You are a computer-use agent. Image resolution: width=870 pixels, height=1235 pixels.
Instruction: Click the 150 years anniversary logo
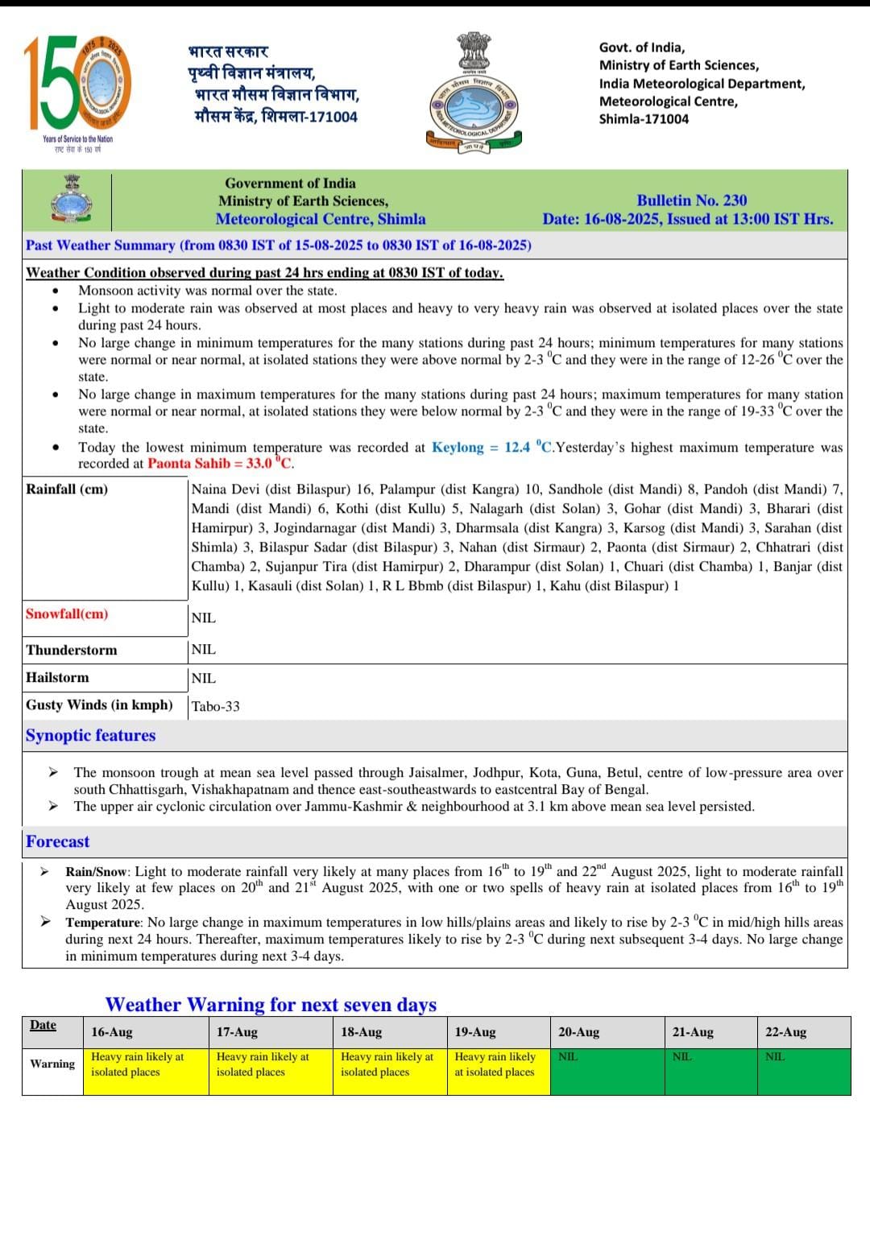77,85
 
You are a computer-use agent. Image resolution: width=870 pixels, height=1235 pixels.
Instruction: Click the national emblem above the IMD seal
474,51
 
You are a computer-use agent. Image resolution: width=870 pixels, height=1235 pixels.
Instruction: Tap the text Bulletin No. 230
691,200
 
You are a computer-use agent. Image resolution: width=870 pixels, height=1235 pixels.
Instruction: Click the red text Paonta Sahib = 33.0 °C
220,464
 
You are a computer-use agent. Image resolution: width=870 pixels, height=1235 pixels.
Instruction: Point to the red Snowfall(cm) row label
67,614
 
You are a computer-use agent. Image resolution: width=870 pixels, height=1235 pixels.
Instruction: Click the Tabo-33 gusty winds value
215,707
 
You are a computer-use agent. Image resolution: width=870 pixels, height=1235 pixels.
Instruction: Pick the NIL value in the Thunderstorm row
204,650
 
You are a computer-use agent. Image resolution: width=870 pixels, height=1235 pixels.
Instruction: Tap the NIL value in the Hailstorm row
204,679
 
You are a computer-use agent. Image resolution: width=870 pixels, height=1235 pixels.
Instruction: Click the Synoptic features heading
90,736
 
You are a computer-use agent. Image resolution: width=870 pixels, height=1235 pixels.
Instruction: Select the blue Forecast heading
57,842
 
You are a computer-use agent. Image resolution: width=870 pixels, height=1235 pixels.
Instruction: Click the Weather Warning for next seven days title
271,1005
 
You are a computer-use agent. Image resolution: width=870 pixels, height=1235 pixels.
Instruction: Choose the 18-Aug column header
361,1032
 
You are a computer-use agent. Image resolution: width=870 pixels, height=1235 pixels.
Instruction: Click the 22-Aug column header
785,1032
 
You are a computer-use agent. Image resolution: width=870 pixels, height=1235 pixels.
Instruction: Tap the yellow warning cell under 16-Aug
145,1071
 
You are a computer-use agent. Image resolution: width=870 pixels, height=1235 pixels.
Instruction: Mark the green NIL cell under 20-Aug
607,1071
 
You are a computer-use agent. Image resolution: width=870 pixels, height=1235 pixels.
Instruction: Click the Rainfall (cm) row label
67,489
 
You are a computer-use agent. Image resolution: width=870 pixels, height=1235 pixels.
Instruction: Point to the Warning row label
52,1064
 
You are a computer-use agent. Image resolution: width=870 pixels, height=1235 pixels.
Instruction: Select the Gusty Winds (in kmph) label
99,705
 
